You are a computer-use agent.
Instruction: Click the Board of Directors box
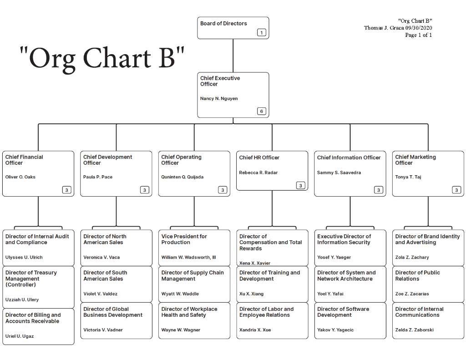pyautogui.click(x=233, y=28)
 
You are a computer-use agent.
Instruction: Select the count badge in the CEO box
pyautogui.click(x=261, y=112)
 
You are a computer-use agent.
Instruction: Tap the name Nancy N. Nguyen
pyautogui.click(x=219, y=99)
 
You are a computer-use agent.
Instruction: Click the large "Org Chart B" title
pyautogui.click(x=102, y=58)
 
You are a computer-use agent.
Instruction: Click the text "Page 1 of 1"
pyautogui.click(x=418, y=35)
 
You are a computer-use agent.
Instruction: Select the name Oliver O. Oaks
pyautogui.click(x=20, y=177)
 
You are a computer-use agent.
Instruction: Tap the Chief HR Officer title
pyautogui.click(x=259, y=157)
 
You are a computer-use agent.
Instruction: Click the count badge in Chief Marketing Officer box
pyautogui.click(x=456, y=190)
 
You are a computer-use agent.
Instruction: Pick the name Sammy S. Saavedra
pyautogui.click(x=339, y=173)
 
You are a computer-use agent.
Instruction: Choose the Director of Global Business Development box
pyautogui.click(x=116, y=320)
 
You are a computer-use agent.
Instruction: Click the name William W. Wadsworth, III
pyautogui.click(x=189, y=258)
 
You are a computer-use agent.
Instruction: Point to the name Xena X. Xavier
pyautogui.click(x=255, y=263)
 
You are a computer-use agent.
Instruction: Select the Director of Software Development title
pyautogui.click(x=343, y=312)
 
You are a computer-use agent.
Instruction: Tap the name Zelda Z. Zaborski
pyautogui.click(x=414, y=330)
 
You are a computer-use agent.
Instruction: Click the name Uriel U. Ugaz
pyautogui.click(x=20, y=336)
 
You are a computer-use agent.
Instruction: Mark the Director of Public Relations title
pyautogui.click(x=417, y=276)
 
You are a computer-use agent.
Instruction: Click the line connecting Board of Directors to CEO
pyautogui.click(x=233, y=56)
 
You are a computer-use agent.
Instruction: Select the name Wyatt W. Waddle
pyautogui.click(x=180, y=294)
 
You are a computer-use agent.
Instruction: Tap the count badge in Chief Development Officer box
pyautogui.click(x=144, y=190)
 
